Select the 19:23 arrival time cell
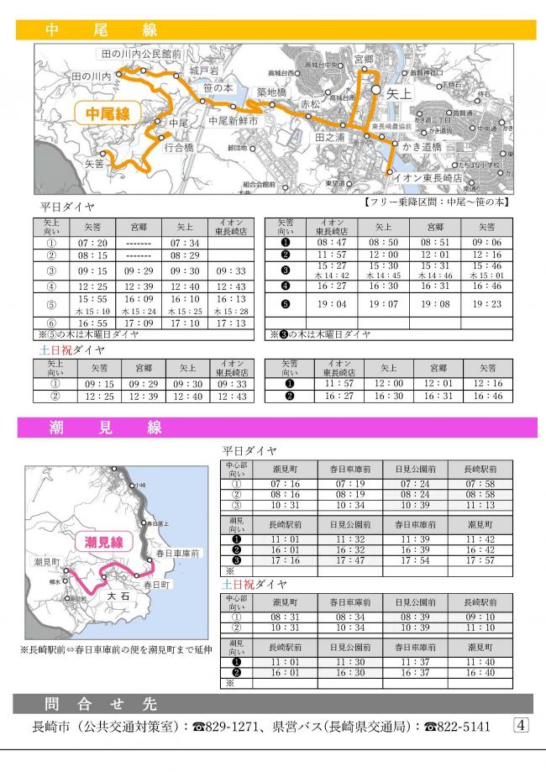point(487,304)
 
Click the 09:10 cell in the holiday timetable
point(480,617)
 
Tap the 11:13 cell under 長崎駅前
point(480,506)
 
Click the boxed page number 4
point(520,724)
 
